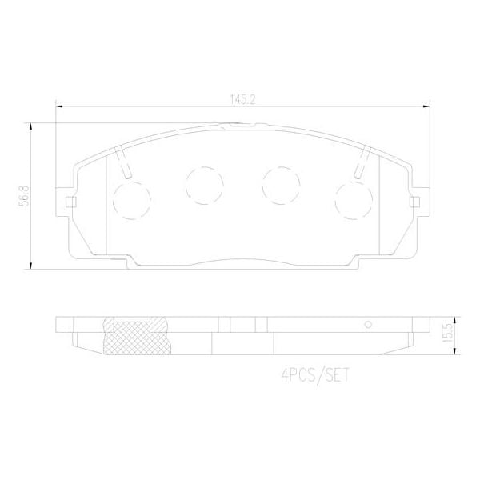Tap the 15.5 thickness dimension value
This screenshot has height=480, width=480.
point(451,332)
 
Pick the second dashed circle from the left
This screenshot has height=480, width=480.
point(203,184)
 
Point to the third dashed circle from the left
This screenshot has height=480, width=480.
point(280,184)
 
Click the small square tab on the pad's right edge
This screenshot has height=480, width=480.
point(415,200)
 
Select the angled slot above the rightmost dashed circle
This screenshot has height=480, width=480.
point(361,163)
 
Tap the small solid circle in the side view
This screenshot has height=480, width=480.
point(368,325)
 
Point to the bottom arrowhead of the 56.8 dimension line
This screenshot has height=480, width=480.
point(31,266)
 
